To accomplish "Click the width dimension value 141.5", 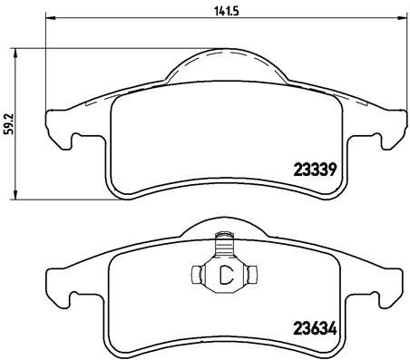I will tap(214, 11).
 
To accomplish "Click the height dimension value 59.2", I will tap(8, 122).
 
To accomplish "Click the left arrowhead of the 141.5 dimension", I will tap(49, 20).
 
